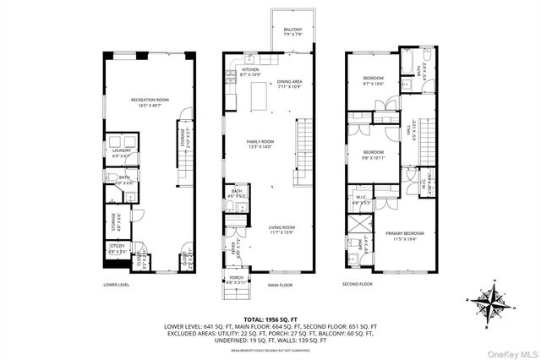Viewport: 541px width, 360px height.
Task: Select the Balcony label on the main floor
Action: (292, 31)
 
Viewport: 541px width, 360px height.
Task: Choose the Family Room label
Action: (260, 144)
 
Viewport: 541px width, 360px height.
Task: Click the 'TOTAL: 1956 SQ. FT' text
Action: (270, 316)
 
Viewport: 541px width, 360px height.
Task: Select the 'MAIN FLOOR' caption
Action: (280, 285)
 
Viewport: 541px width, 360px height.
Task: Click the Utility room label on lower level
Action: (117, 248)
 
